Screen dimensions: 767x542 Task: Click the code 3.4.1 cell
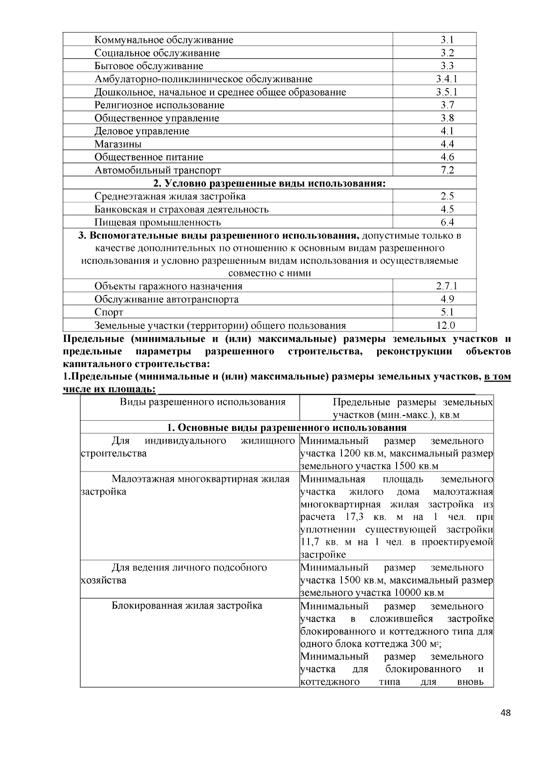click(447, 79)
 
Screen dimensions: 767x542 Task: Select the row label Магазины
click(118, 144)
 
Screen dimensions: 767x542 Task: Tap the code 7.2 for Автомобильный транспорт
click(447, 170)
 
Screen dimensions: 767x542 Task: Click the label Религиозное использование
click(159, 105)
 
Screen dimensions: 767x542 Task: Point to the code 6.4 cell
click(447, 222)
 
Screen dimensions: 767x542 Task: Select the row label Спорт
click(109, 312)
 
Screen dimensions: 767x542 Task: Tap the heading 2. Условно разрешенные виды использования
click(270, 183)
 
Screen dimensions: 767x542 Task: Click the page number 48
click(506, 713)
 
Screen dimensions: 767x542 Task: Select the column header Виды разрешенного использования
click(203, 402)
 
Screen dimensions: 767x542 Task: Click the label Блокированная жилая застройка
click(187, 605)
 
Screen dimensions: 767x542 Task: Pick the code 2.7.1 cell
click(447, 286)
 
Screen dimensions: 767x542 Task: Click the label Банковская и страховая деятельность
click(182, 209)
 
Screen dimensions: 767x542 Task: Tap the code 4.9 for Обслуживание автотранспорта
click(447, 299)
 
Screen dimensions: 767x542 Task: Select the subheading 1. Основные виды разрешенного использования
click(287, 427)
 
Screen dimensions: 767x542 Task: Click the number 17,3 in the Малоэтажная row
click(355, 517)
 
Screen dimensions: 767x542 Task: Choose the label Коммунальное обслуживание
click(164, 40)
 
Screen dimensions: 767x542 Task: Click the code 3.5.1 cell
click(447, 92)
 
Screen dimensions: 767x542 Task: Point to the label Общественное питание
click(149, 157)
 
